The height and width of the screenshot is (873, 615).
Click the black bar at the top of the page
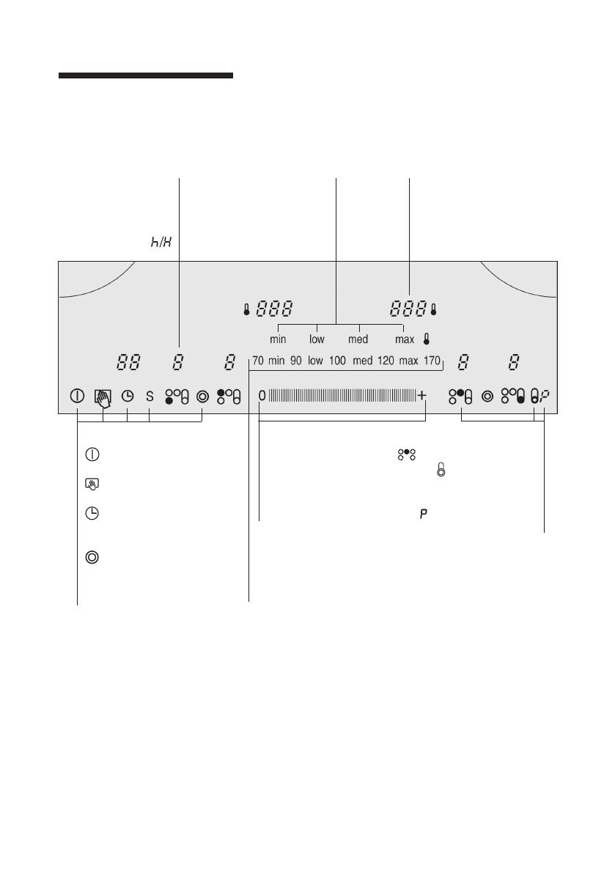[146, 75]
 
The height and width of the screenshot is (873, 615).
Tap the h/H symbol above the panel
[161, 242]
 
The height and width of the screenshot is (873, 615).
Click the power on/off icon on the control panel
[78, 397]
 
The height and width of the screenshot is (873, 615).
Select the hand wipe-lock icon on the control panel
[103, 398]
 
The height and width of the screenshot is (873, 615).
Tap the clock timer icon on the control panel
[128, 397]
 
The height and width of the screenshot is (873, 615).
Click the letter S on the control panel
[150, 397]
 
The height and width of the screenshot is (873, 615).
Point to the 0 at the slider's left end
[262, 396]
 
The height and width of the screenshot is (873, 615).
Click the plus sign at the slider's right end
[422, 395]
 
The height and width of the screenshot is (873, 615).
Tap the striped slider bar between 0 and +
[342, 395]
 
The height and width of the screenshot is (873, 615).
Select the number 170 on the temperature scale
[432, 360]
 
